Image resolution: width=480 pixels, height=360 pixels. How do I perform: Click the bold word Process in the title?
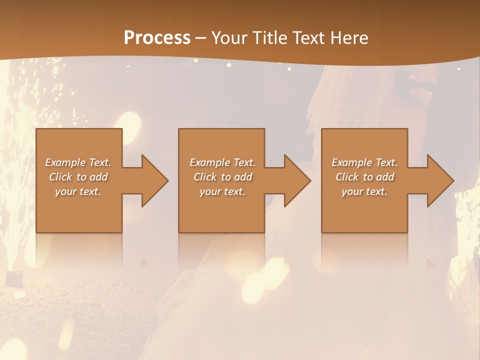pyautogui.click(x=157, y=38)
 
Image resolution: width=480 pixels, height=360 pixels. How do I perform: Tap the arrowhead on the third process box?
pyautogui.click(x=439, y=180)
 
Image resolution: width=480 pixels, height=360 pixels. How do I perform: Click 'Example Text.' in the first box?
pyautogui.click(x=78, y=162)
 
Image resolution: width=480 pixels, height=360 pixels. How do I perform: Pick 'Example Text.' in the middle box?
pyautogui.click(x=222, y=162)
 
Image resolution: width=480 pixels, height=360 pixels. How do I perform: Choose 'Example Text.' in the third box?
pyautogui.click(x=364, y=162)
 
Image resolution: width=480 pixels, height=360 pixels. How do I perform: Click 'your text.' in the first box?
pyautogui.click(x=78, y=191)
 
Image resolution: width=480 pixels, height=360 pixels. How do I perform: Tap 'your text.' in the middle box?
pyautogui.click(x=222, y=191)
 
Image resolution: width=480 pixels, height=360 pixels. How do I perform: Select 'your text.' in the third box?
pyautogui.click(x=364, y=191)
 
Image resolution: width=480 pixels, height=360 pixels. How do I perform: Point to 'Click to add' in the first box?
pyautogui.click(x=78, y=177)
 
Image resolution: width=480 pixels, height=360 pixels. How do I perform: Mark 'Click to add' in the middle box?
pyautogui.click(x=222, y=177)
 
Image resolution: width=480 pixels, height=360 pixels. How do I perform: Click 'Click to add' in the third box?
pyautogui.click(x=364, y=177)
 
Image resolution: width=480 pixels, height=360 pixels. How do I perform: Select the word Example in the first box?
pyautogui.click(x=65, y=162)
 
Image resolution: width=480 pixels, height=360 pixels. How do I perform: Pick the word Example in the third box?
pyautogui.click(x=351, y=162)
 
